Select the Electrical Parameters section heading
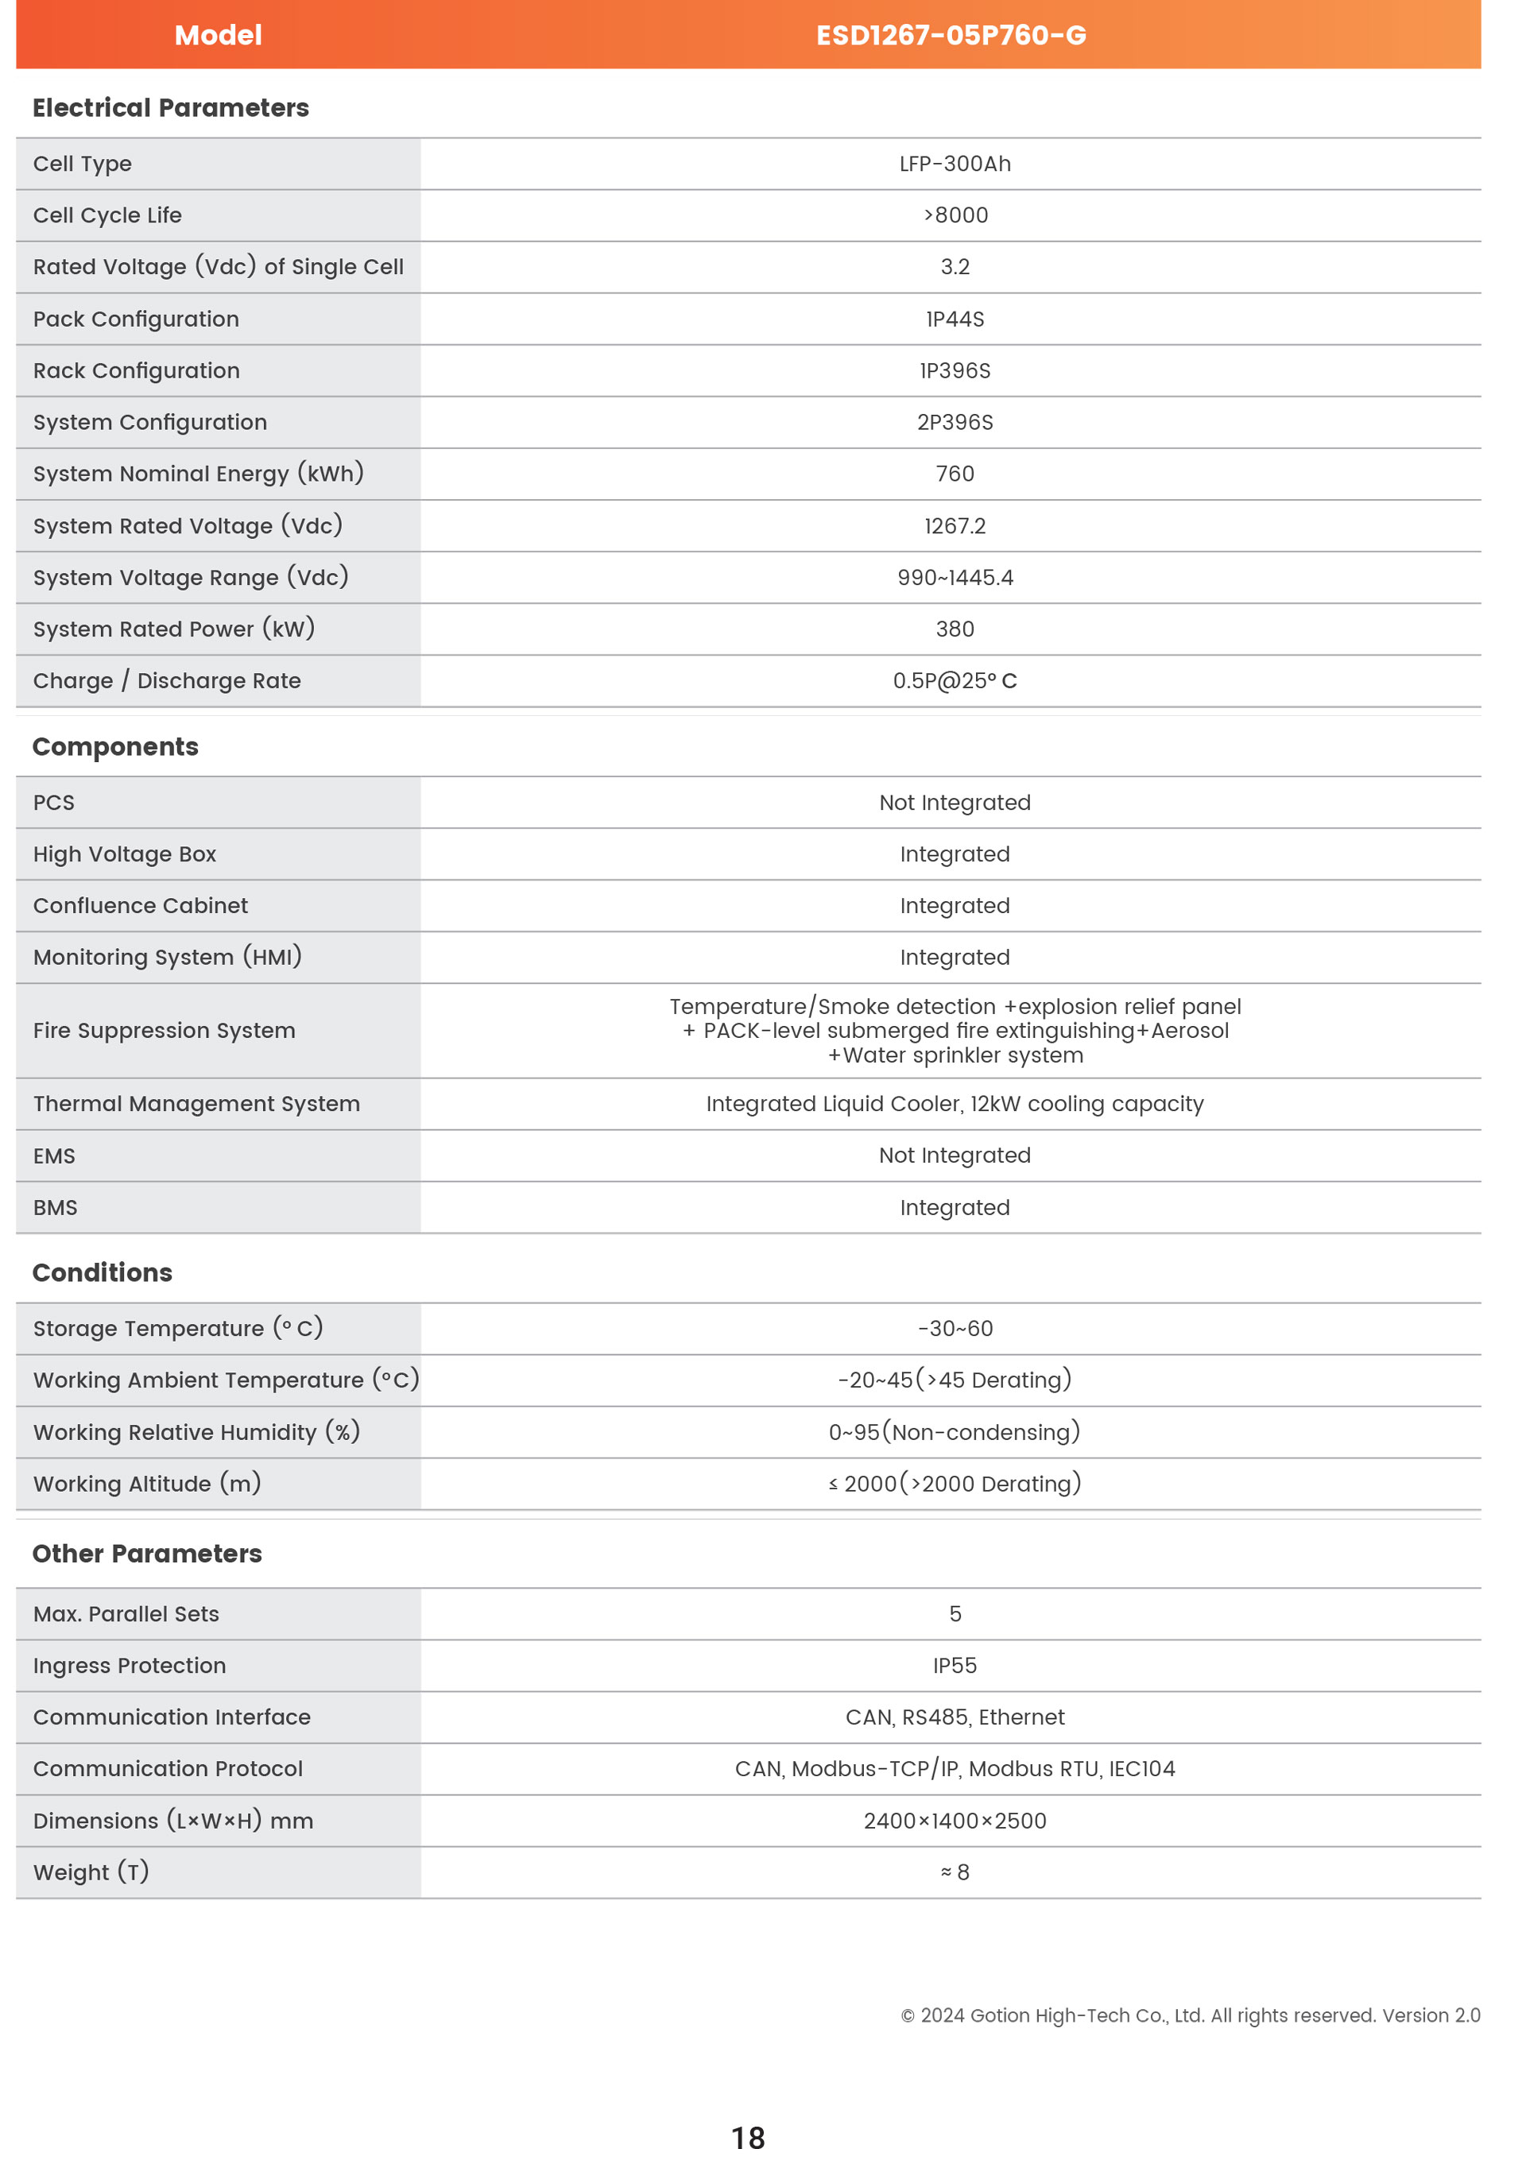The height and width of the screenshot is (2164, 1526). [171, 107]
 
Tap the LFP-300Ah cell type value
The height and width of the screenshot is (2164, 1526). [954, 164]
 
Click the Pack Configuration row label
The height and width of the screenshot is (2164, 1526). [136, 319]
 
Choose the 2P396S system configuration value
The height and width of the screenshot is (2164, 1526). [954, 422]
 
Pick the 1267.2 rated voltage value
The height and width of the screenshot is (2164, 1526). [954, 526]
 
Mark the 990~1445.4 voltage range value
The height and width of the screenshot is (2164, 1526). [954, 578]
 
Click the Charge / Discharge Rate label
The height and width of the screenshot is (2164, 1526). [167, 680]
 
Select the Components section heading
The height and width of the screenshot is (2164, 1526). [115, 746]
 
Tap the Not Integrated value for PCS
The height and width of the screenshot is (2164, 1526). [954, 802]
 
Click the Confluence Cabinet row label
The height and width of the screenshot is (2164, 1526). [141, 906]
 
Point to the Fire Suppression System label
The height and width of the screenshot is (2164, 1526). [164, 1030]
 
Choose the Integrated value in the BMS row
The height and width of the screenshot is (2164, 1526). [954, 1207]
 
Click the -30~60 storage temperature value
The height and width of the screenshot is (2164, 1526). [954, 1328]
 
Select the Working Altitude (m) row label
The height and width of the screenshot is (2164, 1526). [147, 1484]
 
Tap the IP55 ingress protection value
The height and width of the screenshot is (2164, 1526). [954, 1666]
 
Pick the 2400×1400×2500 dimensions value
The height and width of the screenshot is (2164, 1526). [954, 1821]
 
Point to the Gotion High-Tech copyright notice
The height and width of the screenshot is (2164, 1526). [1190, 2015]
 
